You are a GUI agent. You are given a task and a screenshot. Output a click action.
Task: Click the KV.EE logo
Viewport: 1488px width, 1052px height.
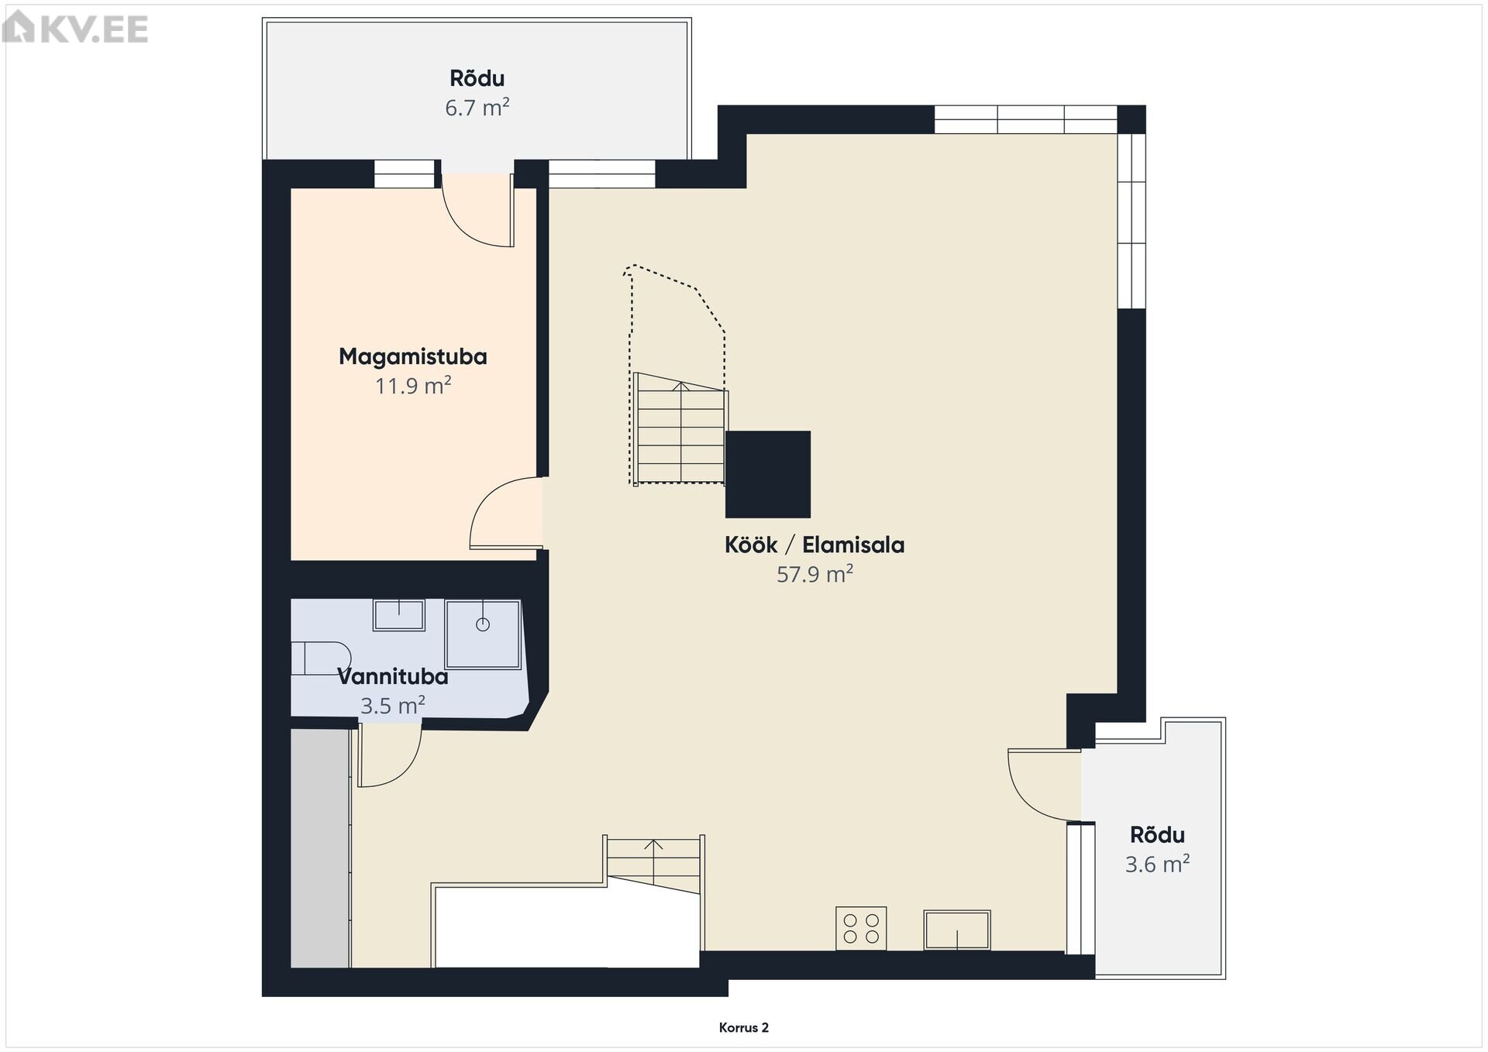75,29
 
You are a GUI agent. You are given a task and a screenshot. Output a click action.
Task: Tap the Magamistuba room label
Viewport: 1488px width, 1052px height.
413,357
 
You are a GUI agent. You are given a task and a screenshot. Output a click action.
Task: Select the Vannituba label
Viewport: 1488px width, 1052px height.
393,677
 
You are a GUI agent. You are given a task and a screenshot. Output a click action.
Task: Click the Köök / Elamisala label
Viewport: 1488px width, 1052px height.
815,545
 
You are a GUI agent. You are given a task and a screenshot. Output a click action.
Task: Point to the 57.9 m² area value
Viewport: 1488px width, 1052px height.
815,574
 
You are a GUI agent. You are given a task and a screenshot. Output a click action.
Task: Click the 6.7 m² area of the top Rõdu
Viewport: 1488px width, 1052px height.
477,108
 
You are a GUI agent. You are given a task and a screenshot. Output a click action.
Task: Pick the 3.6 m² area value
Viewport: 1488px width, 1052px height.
1157,864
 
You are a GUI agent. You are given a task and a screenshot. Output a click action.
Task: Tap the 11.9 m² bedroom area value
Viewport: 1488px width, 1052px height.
413,386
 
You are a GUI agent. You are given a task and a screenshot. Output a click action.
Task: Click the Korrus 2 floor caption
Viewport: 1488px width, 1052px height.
744,1028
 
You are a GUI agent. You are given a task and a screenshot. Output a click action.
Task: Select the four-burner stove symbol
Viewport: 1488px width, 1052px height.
861,928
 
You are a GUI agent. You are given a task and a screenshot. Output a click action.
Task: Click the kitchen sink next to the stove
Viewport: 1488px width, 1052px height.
957,930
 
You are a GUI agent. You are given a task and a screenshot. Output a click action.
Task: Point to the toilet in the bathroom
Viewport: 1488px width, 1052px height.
320,658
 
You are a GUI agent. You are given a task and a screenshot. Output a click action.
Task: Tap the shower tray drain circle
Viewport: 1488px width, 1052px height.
483,624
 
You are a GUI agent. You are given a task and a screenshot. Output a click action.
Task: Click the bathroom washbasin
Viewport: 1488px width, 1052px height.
399,615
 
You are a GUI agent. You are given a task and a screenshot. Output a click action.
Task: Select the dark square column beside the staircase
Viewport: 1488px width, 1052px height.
768,474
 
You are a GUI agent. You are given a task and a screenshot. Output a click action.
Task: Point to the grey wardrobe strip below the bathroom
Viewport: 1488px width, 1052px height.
320,848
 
